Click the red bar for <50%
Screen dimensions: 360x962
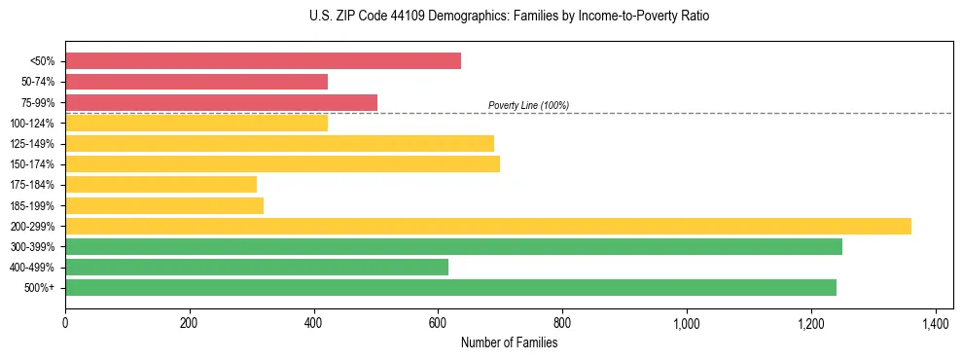[263, 61]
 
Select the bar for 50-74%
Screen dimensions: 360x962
[196, 82]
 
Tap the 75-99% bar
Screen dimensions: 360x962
[221, 102]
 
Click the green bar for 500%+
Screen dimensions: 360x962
[450, 287]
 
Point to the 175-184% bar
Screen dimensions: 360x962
[160, 184]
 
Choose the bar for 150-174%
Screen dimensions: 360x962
[282, 163]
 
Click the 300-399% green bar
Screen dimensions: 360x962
[453, 246]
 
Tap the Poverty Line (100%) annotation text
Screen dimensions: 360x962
[528, 105]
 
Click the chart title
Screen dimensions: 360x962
[481, 17]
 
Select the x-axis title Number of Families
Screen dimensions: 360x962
[509, 342]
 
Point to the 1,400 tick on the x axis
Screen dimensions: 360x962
[935, 323]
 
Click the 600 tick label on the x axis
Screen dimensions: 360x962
[438, 323]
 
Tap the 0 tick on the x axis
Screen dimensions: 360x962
[65, 323]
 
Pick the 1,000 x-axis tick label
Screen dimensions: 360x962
[687, 323]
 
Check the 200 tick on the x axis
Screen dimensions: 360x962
[190, 323]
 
